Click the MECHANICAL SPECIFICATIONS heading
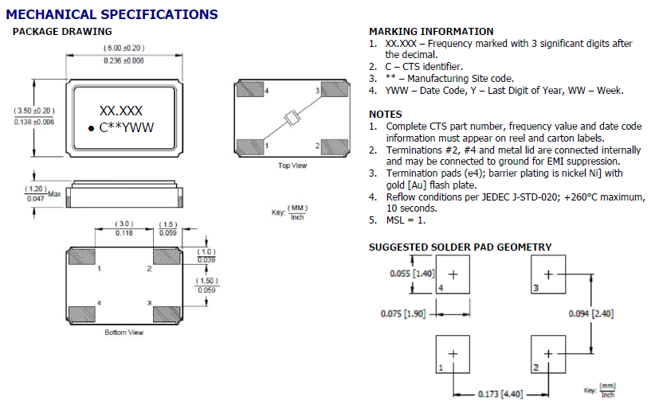click(112, 14)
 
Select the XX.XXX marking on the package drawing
click(120, 111)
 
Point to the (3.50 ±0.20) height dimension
click(33, 110)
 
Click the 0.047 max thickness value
click(36, 198)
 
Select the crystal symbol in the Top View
click(292, 119)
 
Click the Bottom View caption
click(124, 332)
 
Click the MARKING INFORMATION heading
click(431, 31)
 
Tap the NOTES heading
click(385, 115)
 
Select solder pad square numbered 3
click(547, 275)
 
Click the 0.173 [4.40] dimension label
click(500, 394)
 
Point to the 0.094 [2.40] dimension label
click(590, 313)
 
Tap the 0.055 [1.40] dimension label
click(411, 273)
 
